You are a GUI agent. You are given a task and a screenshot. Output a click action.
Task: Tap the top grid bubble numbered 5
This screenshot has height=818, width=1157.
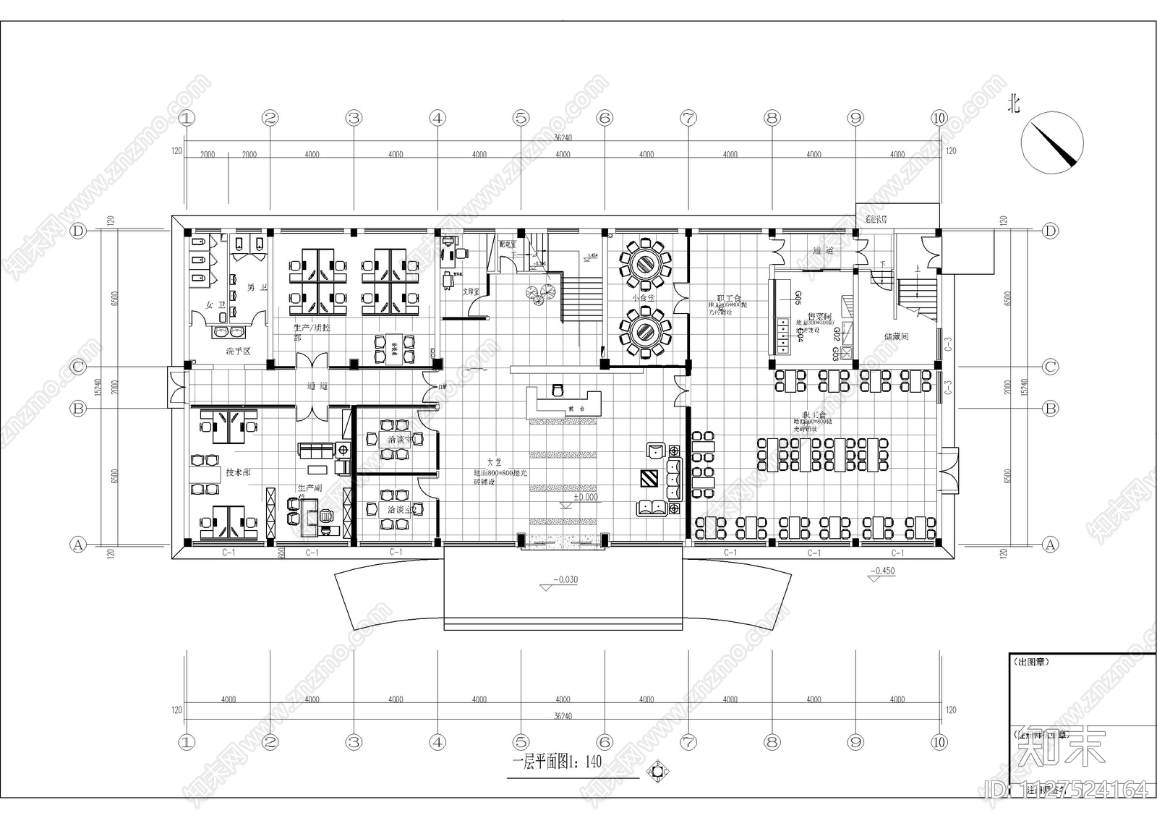521,117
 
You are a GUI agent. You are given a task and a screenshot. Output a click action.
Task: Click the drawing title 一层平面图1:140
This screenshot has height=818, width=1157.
557,762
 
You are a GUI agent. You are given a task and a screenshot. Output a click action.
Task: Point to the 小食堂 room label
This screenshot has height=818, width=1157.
643,297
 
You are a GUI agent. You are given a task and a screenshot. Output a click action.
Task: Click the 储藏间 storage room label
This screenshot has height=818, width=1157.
895,336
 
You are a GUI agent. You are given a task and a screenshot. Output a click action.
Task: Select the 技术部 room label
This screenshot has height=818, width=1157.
238,472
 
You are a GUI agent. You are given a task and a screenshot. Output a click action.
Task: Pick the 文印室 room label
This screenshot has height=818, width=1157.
472,291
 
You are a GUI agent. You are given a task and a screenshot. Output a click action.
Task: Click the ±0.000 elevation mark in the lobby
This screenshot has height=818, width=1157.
586,498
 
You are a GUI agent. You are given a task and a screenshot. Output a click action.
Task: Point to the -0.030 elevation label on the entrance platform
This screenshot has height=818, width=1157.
565,580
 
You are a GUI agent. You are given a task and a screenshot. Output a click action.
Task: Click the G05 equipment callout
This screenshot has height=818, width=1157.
798,297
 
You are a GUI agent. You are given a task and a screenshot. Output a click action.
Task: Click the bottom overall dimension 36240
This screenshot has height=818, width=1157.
563,716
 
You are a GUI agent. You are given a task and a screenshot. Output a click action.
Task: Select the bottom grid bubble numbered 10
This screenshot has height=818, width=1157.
939,741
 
